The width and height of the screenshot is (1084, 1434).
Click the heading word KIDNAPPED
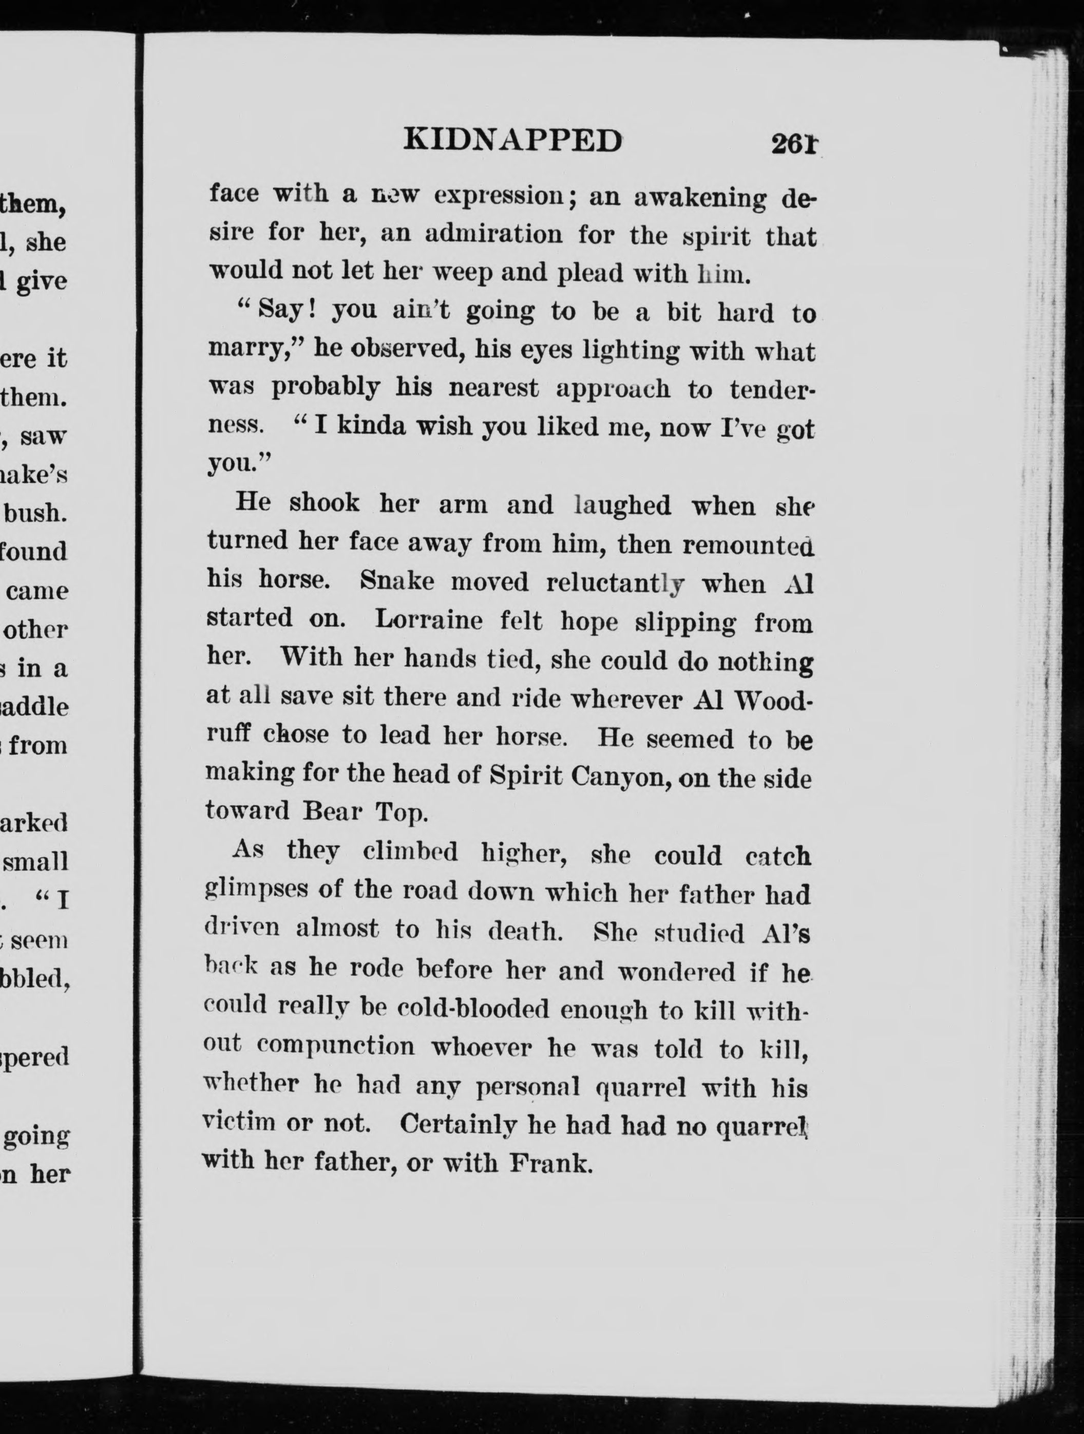(x=512, y=140)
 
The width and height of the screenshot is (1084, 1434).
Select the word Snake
(x=397, y=581)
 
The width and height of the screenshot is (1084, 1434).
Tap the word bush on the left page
(x=35, y=512)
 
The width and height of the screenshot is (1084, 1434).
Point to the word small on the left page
(x=36, y=862)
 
